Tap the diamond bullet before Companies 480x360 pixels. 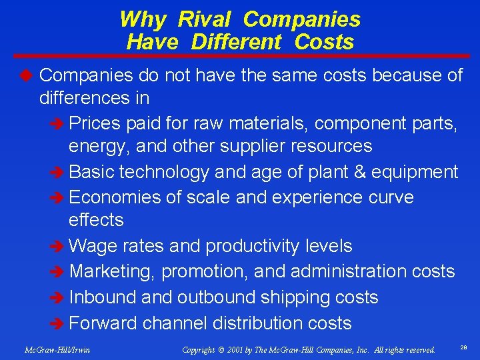pos(27,75)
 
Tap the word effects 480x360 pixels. pos(96,220)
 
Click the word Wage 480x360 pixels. pos(93,246)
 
